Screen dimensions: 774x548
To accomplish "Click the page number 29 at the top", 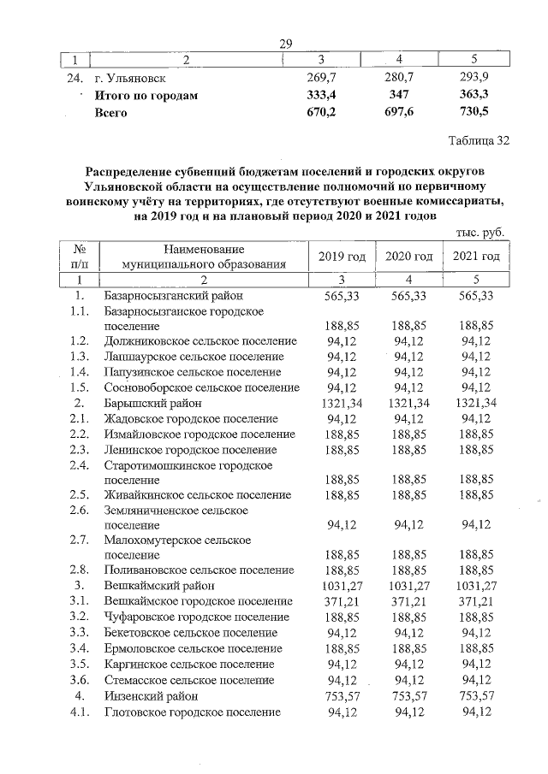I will click(286, 44).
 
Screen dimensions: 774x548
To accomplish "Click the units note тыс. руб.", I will click(480, 232).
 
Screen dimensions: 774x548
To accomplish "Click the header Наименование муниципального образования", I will click(203, 257).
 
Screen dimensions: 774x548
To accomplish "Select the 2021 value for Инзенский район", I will click(478, 696).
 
